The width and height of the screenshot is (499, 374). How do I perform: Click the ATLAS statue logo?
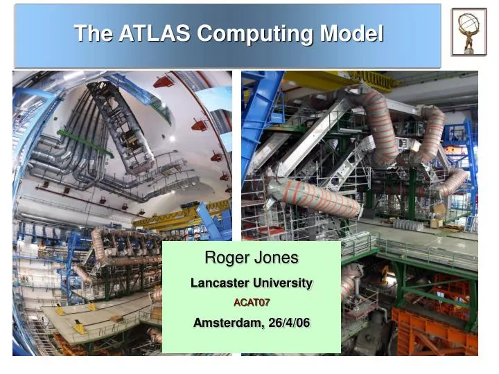(x=469, y=32)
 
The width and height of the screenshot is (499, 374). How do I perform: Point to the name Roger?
(x=227, y=258)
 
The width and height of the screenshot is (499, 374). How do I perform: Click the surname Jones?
(x=275, y=258)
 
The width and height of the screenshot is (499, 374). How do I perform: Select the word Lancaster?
(x=220, y=283)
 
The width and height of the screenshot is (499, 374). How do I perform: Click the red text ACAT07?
(x=251, y=303)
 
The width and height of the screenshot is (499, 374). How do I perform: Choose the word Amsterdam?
(x=225, y=323)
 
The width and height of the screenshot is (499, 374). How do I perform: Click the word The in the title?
(x=87, y=33)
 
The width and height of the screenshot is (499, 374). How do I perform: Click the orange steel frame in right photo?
(x=433, y=332)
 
